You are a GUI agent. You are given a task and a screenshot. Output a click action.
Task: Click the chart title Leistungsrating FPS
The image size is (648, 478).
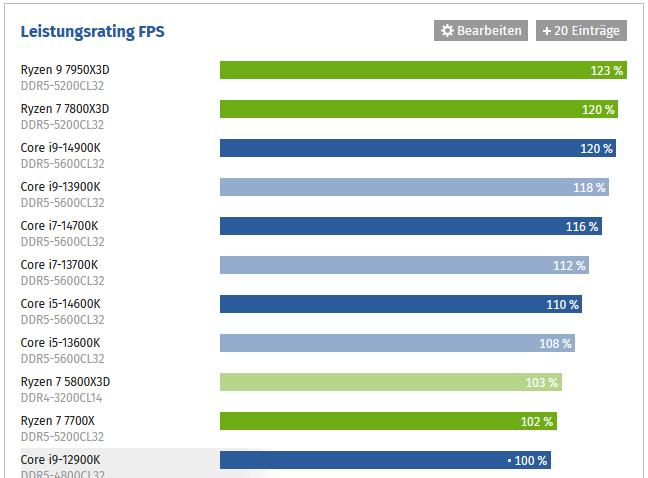[93, 32]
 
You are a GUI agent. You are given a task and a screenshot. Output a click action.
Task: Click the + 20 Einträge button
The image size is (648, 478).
[581, 31]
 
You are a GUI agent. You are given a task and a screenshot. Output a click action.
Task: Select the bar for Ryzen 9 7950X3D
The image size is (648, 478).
[400, 70]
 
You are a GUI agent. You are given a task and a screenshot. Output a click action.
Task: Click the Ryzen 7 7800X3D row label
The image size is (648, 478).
[65, 108]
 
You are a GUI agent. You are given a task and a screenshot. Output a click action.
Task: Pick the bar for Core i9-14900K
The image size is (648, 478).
[400, 148]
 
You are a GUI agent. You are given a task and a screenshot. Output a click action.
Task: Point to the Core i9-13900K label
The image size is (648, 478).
[60, 186]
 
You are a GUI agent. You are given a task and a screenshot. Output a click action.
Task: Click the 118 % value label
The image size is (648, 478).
[589, 187]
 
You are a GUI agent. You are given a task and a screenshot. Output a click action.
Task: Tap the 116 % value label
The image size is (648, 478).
[582, 227]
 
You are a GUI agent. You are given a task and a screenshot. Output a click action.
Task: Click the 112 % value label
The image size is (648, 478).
[569, 266]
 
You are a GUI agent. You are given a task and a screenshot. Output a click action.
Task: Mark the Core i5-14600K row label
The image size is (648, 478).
[60, 303]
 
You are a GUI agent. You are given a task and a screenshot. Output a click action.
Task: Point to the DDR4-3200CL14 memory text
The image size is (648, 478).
[62, 398]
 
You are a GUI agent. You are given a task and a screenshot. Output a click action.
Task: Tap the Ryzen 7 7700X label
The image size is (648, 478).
[59, 420]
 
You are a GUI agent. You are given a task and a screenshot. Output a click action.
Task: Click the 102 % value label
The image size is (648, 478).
[537, 422]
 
